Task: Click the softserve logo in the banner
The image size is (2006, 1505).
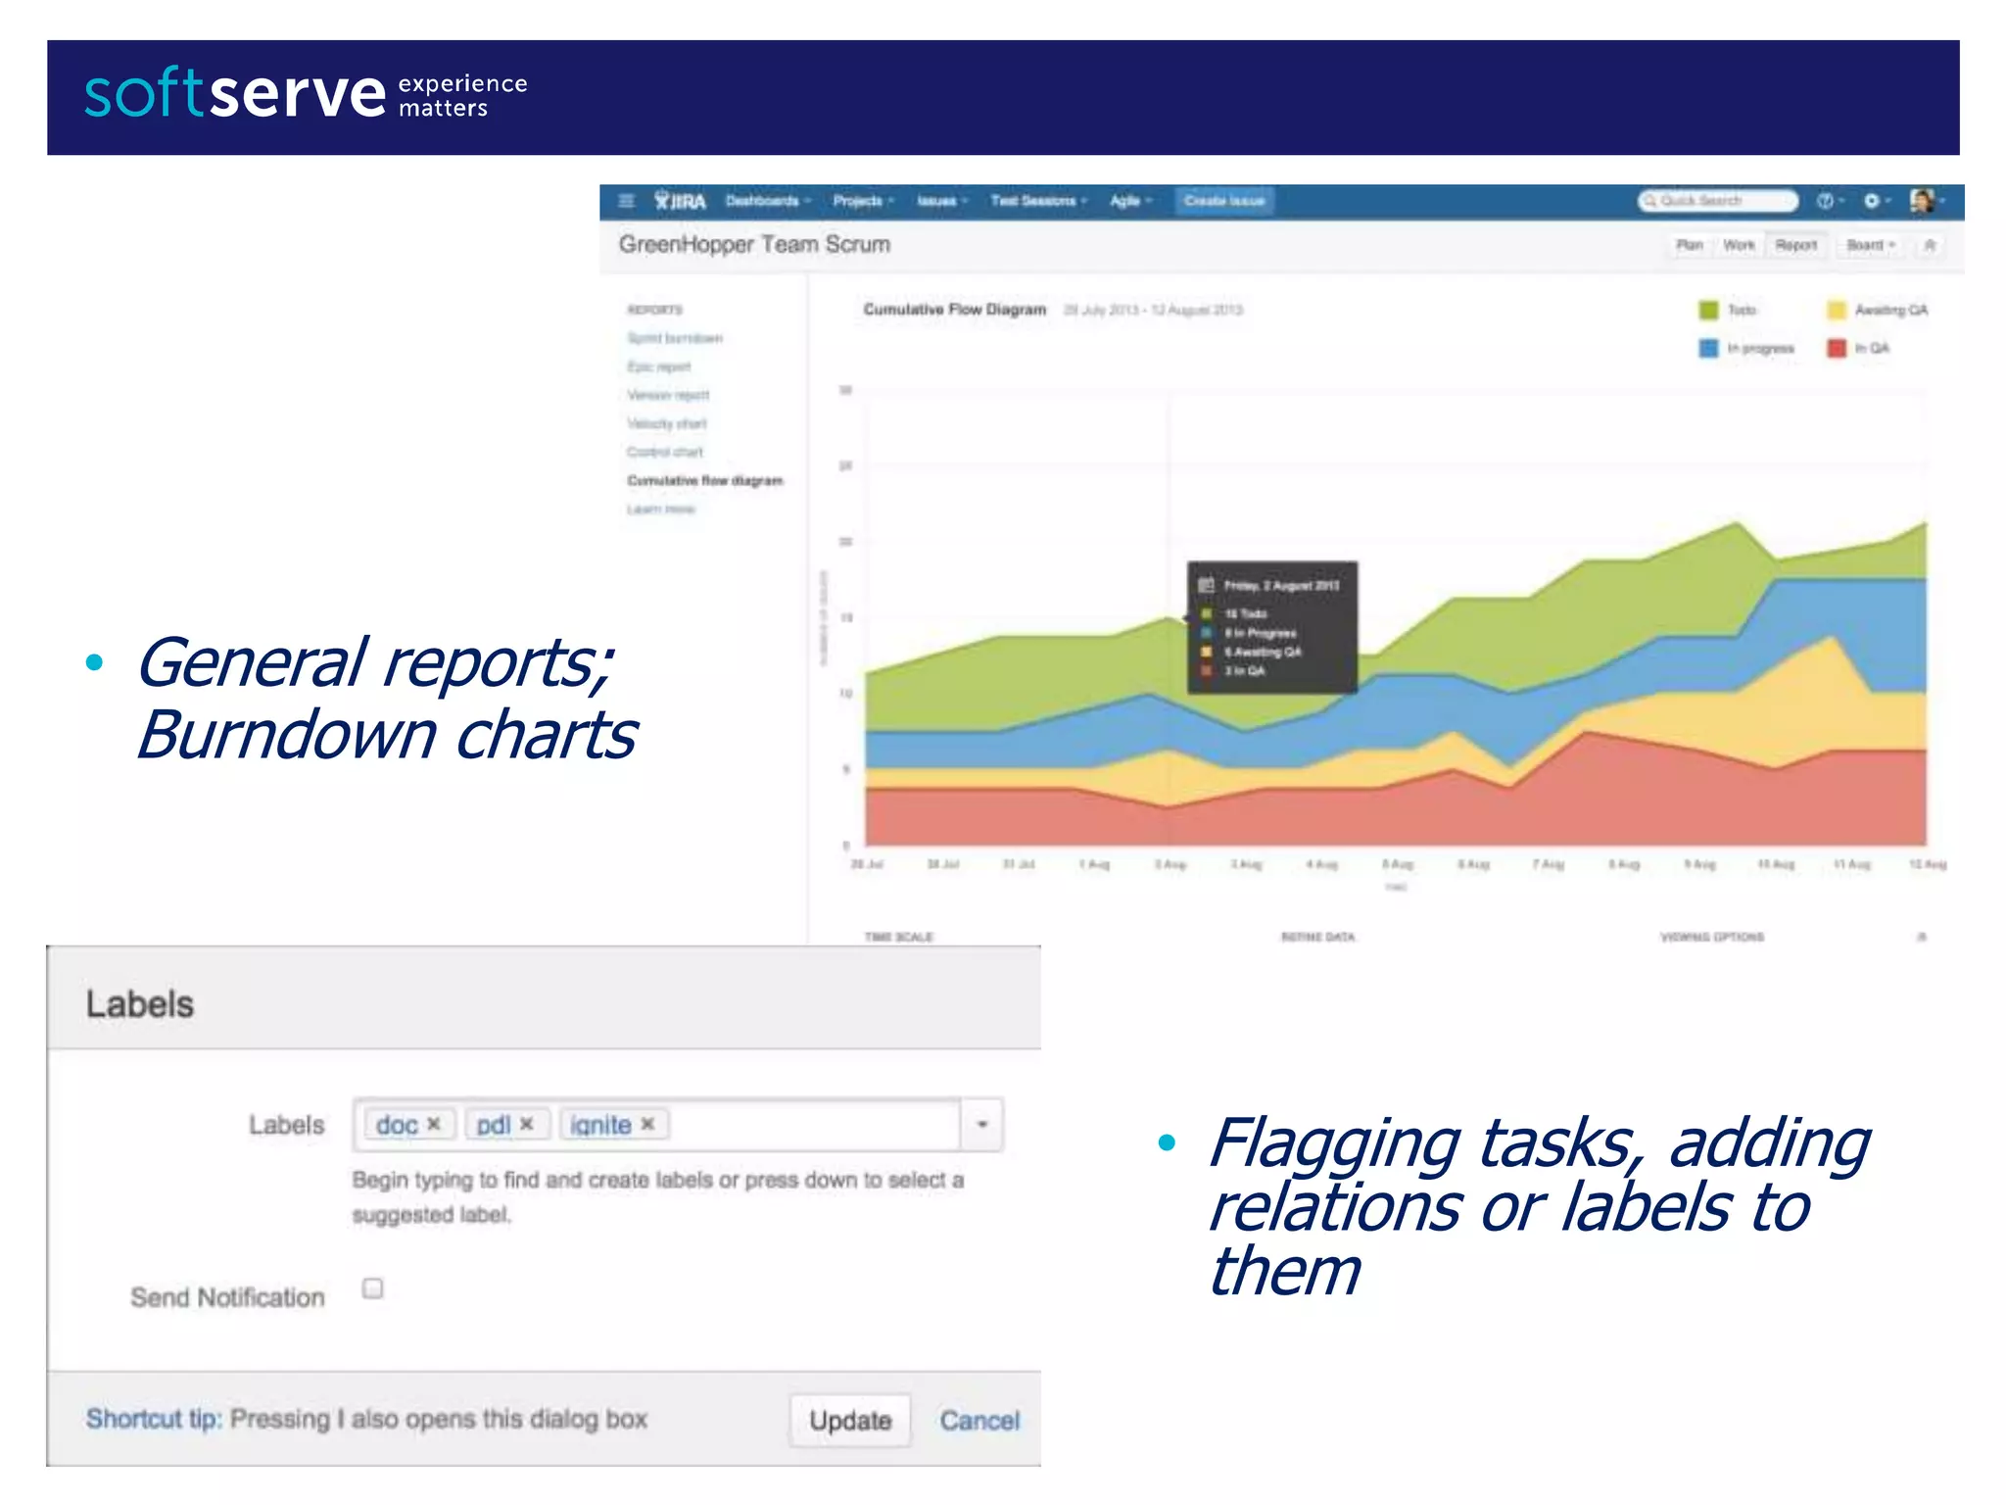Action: pos(235,95)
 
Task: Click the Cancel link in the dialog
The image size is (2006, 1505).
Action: pos(979,1420)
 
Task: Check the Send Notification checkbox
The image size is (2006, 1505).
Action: pos(372,1288)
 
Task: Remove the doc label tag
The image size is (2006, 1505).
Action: pos(434,1124)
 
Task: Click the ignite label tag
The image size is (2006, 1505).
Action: pos(599,1125)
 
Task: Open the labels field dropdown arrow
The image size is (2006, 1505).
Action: pos(981,1124)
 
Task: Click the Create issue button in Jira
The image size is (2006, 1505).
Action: pos(1224,201)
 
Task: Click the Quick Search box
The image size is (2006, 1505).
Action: pos(1718,201)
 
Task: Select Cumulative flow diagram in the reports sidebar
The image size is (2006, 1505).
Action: pos(704,480)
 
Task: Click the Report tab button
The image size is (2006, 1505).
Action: pos(1795,245)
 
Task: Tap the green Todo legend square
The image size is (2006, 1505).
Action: pos(1708,310)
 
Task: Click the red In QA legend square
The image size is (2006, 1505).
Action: pos(1837,348)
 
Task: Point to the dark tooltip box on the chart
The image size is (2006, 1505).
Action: pos(1271,627)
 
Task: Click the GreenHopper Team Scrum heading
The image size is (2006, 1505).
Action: pos(754,245)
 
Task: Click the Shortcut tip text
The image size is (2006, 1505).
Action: pos(154,1419)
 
